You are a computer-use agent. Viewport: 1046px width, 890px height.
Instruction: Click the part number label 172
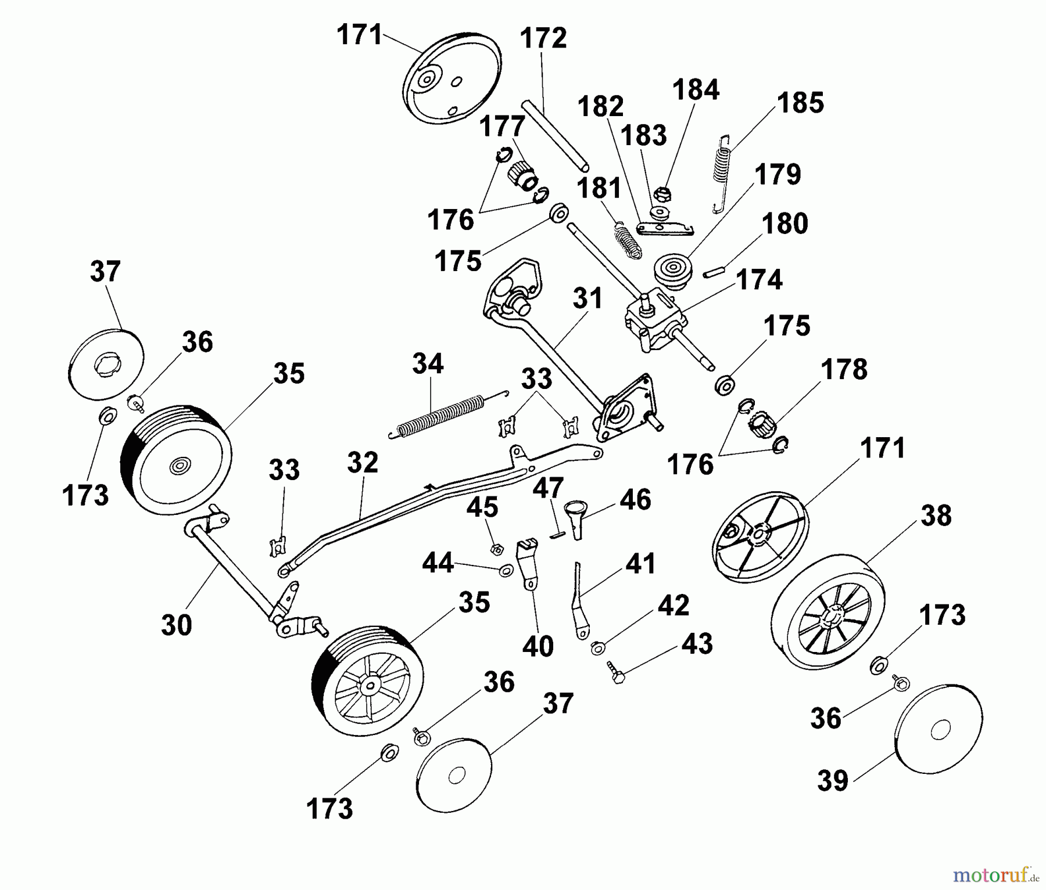(543, 38)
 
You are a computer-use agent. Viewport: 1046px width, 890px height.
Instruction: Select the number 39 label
(833, 781)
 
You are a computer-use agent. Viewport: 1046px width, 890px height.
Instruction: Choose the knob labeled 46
(576, 518)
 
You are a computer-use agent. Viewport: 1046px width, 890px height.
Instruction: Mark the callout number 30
(176, 625)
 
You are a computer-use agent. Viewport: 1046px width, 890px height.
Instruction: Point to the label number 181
(599, 189)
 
